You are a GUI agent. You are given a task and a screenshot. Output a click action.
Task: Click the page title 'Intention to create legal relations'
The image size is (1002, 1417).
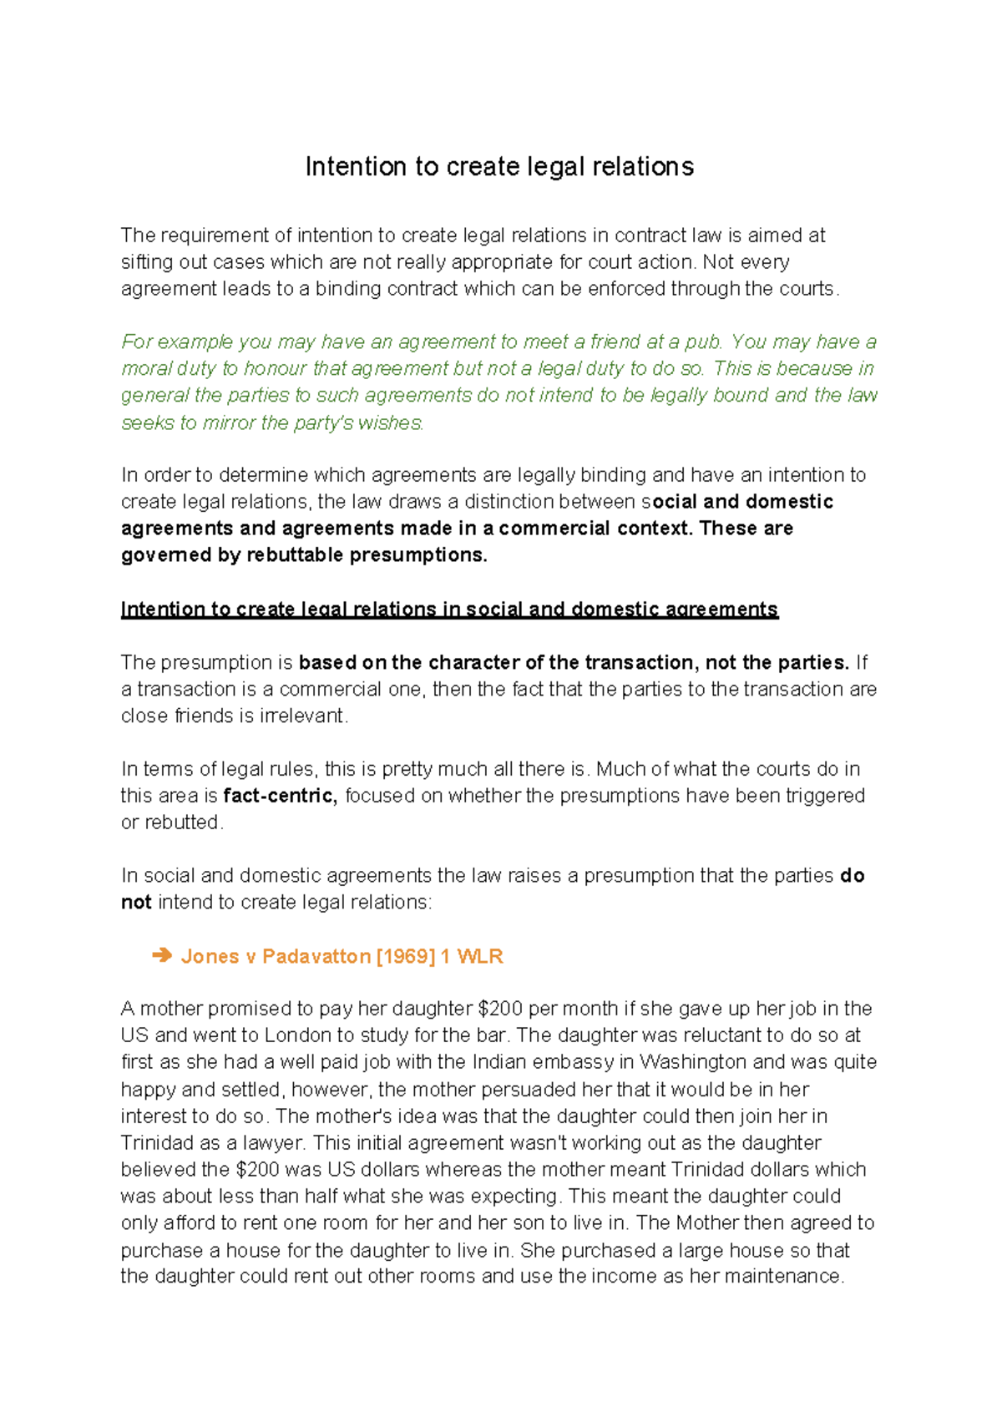point(499,167)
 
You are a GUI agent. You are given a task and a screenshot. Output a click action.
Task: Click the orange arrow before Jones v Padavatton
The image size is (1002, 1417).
point(162,955)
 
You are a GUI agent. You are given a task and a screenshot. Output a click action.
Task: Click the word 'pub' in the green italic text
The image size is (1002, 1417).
point(701,342)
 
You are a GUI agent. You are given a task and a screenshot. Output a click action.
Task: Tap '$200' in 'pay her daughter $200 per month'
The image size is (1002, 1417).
point(500,1009)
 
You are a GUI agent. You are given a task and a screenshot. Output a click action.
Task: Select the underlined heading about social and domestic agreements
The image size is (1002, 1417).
point(449,610)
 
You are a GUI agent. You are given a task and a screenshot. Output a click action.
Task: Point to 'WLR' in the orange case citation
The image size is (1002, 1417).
point(480,956)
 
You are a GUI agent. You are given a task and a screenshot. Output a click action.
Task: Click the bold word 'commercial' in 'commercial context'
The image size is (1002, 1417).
point(554,529)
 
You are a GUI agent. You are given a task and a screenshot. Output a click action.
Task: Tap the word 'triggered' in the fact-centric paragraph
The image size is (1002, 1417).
point(824,796)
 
